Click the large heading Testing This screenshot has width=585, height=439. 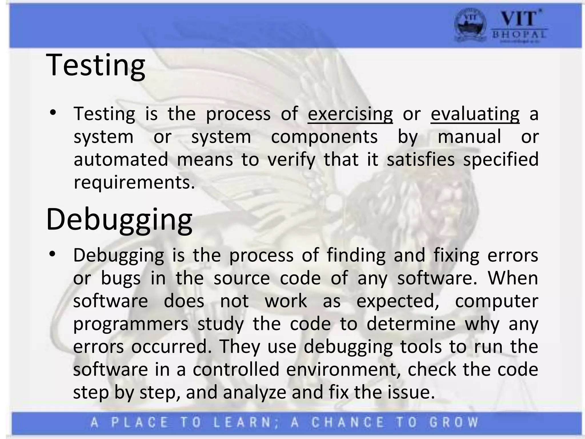(96, 65)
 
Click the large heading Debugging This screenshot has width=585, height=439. (119, 219)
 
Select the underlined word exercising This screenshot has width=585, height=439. (350, 114)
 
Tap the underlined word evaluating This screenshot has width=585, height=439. (475, 114)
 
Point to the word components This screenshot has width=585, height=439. (324, 137)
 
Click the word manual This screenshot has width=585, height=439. (469, 136)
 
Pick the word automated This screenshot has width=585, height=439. (121, 159)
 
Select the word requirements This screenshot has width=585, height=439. (134, 182)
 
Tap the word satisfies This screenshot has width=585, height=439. (420, 159)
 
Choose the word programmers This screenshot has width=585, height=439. (131, 324)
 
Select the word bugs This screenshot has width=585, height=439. (121, 278)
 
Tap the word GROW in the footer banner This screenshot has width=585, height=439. (454, 422)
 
